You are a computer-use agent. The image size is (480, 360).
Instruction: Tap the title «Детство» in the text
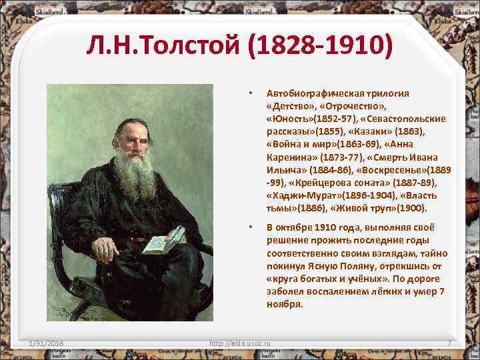tap(288, 105)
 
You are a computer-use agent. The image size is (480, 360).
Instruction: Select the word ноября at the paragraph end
tap(285, 304)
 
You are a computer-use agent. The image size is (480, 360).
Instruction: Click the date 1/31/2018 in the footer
tap(47, 343)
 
